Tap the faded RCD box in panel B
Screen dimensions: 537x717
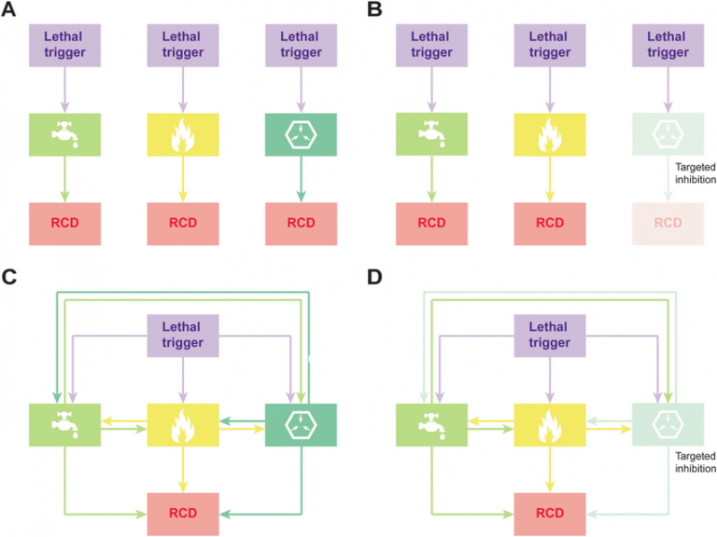coord(668,223)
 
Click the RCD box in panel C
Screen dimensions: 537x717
coord(183,513)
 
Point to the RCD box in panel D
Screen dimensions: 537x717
coord(549,513)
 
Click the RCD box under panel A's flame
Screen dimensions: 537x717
coord(183,223)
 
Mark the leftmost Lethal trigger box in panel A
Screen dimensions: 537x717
coord(64,45)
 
